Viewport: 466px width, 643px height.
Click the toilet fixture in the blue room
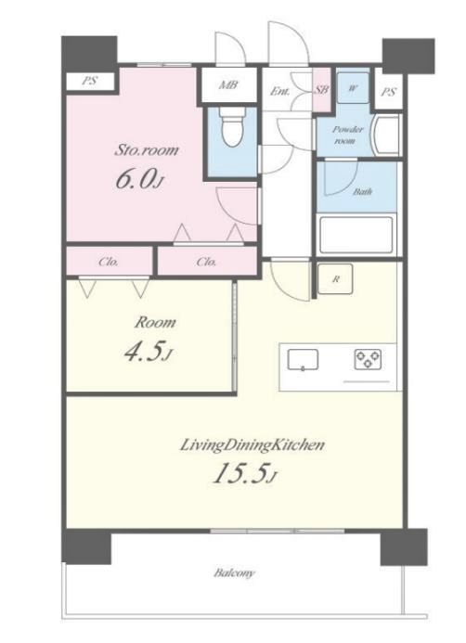coord(232,127)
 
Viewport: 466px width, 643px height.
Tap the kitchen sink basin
coord(303,360)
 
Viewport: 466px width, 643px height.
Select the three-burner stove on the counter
coord(368,359)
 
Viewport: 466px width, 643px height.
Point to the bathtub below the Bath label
coord(356,236)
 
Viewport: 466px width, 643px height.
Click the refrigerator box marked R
coord(335,279)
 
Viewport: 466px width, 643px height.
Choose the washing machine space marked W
coord(353,87)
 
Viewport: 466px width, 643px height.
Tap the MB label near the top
coord(228,84)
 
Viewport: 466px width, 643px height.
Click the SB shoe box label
coord(322,89)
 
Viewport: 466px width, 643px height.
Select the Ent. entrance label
coord(280,91)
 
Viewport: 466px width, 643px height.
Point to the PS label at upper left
coord(89,81)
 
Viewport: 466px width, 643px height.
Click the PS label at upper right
coord(388,92)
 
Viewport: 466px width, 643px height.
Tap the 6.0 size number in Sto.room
coord(139,179)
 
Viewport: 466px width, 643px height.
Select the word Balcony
coord(234,572)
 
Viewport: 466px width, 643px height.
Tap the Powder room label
coord(347,135)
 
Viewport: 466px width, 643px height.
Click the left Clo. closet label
coord(109,262)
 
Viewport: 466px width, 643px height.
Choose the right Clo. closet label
coord(206,262)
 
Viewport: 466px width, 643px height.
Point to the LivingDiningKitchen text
coord(252,445)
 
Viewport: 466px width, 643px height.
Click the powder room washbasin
coord(385,135)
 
